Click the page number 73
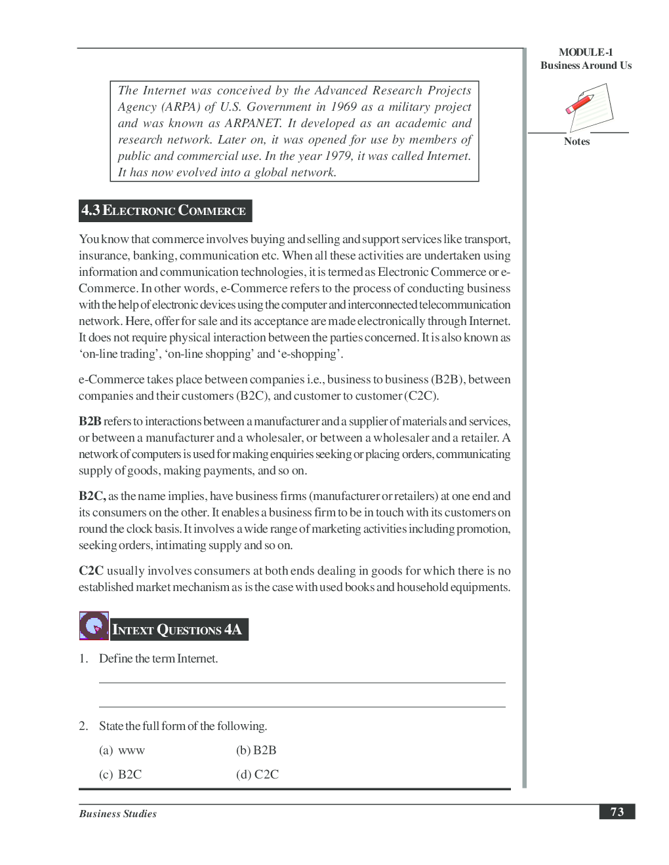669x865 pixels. click(x=617, y=812)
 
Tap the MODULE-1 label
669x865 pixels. click(x=586, y=52)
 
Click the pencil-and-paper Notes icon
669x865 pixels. click(x=589, y=107)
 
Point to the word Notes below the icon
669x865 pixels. click(x=577, y=142)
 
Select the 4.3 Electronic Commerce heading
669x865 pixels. click(x=165, y=210)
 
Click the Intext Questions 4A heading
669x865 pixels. click(x=178, y=630)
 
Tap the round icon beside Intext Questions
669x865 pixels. click(x=94, y=626)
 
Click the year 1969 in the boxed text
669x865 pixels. click(x=343, y=107)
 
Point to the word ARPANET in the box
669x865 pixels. click(x=253, y=123)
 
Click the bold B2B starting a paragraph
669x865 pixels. click(x=90, y=421)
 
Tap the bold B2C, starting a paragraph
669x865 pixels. click(x=92, y=496)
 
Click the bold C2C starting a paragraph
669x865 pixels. click(x=91, y=571)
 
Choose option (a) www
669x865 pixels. click(x=123, y=750)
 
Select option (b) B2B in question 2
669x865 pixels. click(x=256, y=750)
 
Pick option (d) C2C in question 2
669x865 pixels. click(x=258, y=775)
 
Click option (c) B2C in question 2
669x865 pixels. click(x=121, y=775)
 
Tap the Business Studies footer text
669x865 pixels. click(x=118, y=814)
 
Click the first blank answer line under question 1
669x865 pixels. click(x=302, y=682)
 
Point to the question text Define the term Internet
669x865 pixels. click(x=158, y=659)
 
